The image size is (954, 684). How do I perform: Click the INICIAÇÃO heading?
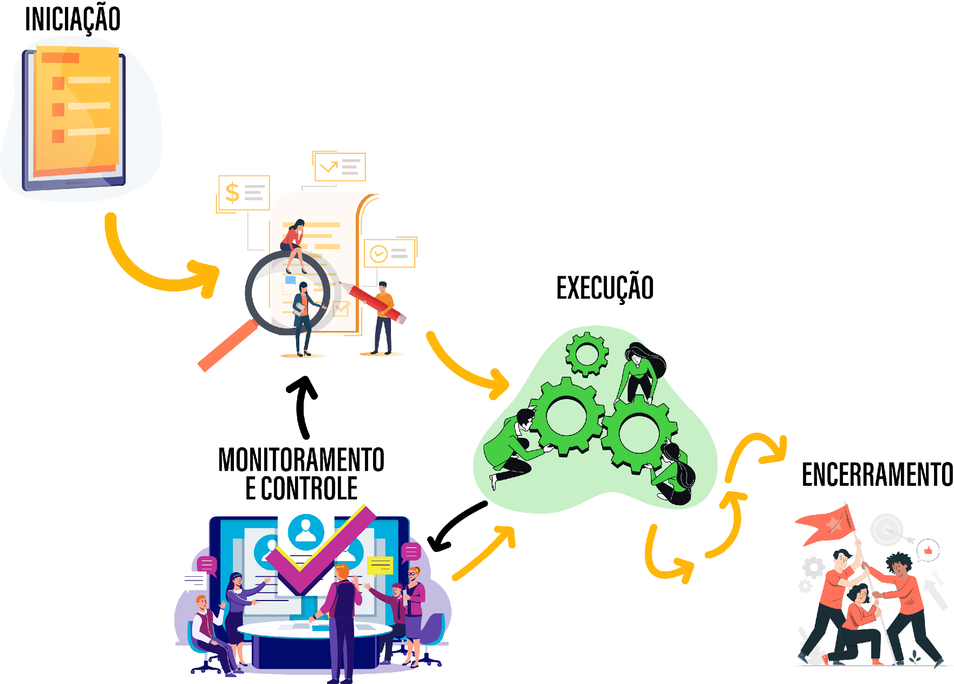[x=73, y=19]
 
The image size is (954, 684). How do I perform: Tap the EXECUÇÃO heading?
[x=605, y=288]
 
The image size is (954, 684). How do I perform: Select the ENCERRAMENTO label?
[x=877, y=475]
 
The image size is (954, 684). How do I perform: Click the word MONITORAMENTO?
[x=301, y=460]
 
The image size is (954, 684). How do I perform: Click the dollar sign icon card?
[x=244, y=193]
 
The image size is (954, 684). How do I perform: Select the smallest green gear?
[x=586, y=354]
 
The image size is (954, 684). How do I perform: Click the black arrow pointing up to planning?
[x=303, y=406]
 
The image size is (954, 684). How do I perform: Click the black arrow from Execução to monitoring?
[x=455, y=526]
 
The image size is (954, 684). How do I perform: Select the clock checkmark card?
[x=389, y=253]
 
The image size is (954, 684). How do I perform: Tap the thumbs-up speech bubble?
[x=928, y=551]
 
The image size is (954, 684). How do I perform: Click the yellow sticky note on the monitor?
[x=380, y=565]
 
